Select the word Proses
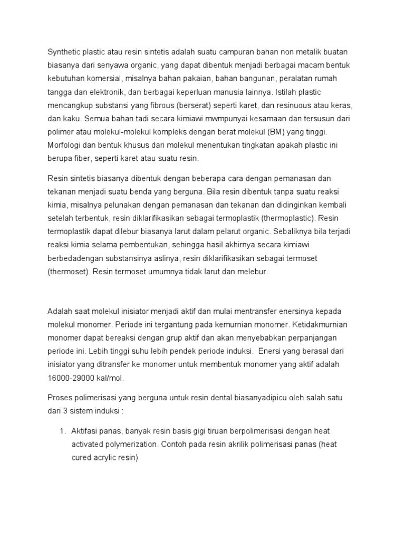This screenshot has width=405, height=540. pyautogui.click(x=61, y=397)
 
